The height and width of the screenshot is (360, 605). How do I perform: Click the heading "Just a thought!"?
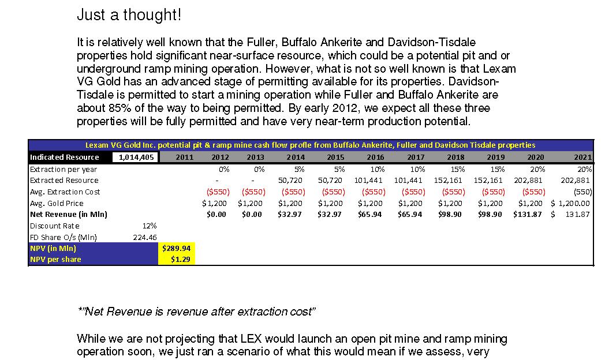coord(129,14)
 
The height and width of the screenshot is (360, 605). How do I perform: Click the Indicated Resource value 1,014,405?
coord(136,157)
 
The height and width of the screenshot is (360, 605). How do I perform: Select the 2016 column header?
coord(375,157)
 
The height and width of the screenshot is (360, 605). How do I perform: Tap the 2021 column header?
coord(582,157)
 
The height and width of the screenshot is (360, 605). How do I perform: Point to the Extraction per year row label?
coord(64,169)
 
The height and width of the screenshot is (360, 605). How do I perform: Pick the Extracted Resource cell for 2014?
coord(290,181)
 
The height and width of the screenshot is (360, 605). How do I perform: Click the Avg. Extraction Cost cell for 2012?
coord(218,192)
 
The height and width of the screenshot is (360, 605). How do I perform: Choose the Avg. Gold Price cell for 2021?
coord(570,203)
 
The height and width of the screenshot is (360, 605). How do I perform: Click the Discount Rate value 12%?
coord(150,226)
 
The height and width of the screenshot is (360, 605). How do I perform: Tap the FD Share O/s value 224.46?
coord(145,238)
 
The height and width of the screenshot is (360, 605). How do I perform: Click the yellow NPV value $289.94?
coord(176,248)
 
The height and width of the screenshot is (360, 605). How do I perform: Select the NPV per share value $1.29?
coord(181,260)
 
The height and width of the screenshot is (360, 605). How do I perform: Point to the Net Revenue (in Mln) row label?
coord(69,214)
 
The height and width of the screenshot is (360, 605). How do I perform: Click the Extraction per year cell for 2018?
coord(458,169)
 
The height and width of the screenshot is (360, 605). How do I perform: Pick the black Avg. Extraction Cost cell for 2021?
coord(582,192)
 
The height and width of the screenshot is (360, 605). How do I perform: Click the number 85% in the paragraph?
coord(119,108)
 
